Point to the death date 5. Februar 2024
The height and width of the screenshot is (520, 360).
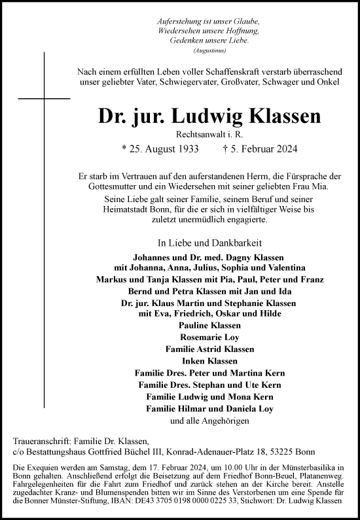point(261,148)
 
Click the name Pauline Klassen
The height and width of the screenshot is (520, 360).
point(209,325)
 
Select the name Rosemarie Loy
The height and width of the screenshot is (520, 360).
point(209,337)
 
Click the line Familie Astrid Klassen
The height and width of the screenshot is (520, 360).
point(209,349)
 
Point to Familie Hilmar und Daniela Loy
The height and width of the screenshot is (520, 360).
point(209,408)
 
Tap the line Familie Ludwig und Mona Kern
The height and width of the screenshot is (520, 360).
point(209,396)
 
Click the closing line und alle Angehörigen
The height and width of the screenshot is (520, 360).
point(209,421)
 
